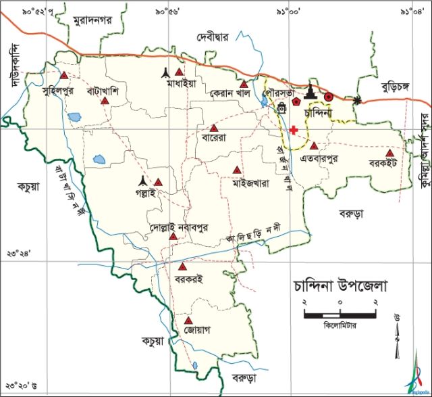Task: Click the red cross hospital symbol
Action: coord(294,129)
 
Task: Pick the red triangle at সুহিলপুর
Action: coord(64,76)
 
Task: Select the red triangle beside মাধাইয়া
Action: coord(180,72)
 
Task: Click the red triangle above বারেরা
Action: coord(214,128)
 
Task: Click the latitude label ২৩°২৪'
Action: coord(18,253)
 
